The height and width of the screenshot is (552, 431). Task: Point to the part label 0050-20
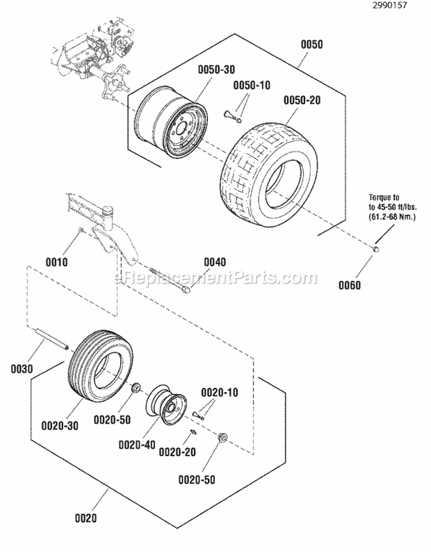coord(302,100)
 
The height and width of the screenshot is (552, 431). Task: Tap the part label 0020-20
coord(177,453)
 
